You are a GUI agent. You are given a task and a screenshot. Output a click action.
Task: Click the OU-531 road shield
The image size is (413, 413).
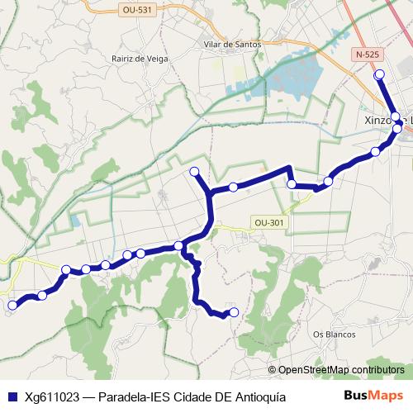(135, 10)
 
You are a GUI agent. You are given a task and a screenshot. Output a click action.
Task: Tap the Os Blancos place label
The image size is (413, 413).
(334, 335)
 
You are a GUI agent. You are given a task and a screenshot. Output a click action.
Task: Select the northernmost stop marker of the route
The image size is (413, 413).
(379, 75)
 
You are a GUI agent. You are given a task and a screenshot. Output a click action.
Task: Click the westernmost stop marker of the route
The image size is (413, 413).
(12, 306)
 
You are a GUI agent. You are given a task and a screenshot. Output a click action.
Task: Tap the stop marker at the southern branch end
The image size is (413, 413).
(233, 312)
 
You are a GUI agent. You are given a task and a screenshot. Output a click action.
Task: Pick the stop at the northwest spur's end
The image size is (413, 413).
(195, 172)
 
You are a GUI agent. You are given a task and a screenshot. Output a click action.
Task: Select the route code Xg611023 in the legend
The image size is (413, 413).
(53, 396)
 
